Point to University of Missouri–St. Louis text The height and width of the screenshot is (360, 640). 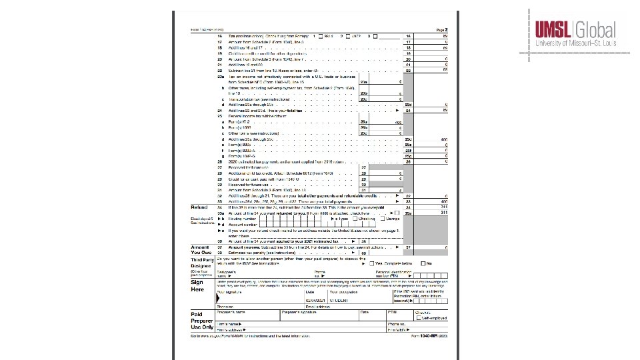click(x=576, y=44)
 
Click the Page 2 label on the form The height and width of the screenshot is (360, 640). click(x=441, y=30)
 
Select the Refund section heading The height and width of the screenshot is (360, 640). click(x=197, y=207)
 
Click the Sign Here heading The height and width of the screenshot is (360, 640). click(x=197, y=286)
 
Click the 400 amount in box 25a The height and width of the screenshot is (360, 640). click(x=399, y=123)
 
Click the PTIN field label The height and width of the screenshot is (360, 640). click(x=393, y=312)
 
